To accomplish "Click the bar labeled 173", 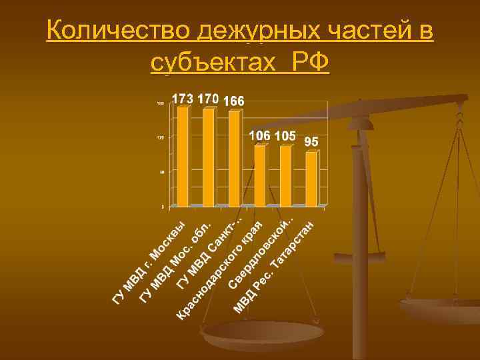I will point(183,157).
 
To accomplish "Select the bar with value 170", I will point(208,157).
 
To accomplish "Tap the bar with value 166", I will point(234,159).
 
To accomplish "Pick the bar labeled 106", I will point(259,175).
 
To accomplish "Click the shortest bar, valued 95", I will point(311,179).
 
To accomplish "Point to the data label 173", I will point(183,99).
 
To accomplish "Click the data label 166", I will point(234,101).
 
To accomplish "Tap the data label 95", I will point(311,143).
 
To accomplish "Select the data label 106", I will point(259,135).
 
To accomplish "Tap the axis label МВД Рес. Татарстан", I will point(273,267).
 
